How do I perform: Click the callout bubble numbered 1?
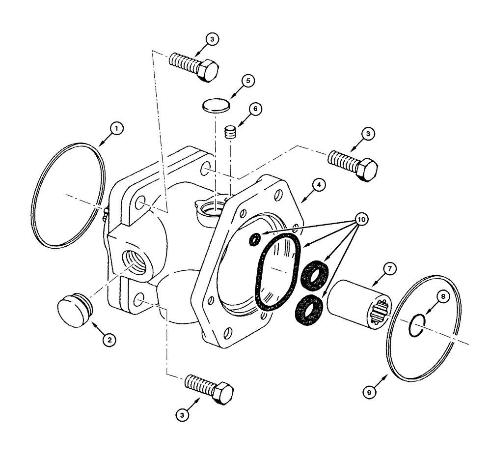point(116,129)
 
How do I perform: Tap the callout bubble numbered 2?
point(109,338)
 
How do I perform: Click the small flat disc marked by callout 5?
point(216,105)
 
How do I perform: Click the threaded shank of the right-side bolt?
point(342,161)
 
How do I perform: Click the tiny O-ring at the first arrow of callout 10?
point(255,239)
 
